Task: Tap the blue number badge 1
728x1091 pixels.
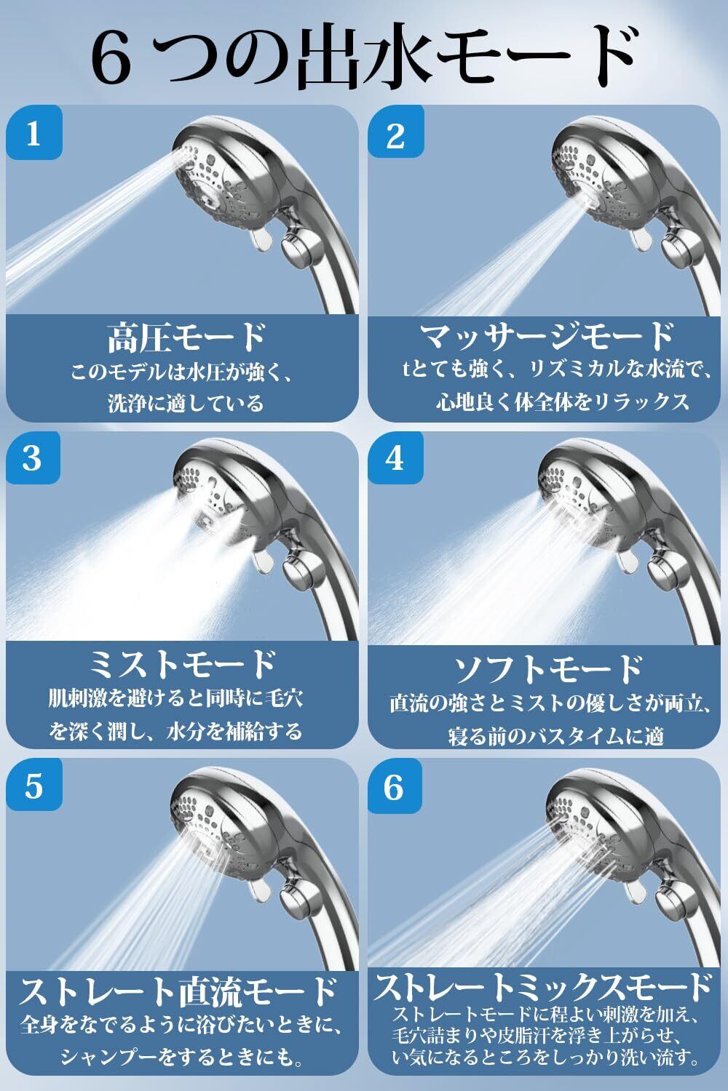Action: pos(34,132)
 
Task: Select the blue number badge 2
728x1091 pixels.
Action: pos(395,132)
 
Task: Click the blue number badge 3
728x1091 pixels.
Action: pos(33,457)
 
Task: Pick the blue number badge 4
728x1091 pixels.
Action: pos(395,457)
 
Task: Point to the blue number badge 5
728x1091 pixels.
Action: pos(34,785)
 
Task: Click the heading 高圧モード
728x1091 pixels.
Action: pos(186,337)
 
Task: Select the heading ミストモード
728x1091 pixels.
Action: pos(183,664)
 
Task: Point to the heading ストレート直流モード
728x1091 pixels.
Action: pos(178,992)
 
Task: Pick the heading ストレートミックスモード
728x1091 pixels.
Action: pos(542,987)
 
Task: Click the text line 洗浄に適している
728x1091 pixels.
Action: pos(186,403)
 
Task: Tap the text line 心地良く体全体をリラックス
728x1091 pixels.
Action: pos(562,401)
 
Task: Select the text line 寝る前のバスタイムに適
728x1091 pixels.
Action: pos(556,736)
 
